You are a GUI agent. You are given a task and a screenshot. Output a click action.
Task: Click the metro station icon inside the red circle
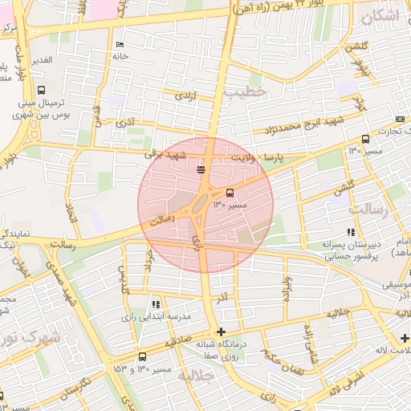click(200, 169)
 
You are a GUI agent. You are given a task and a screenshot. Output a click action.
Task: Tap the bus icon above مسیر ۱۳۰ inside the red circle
click(230, 193)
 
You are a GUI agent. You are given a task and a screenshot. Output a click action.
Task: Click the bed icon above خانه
click(120, 44)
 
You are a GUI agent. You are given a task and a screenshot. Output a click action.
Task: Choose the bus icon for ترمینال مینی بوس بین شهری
click(41, 90)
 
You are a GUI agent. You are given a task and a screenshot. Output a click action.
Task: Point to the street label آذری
click(125, 124)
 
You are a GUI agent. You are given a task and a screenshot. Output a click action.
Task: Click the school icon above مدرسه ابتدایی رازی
click(156, 304)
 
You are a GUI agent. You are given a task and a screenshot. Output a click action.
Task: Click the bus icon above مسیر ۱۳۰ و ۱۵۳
click(142, 356)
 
